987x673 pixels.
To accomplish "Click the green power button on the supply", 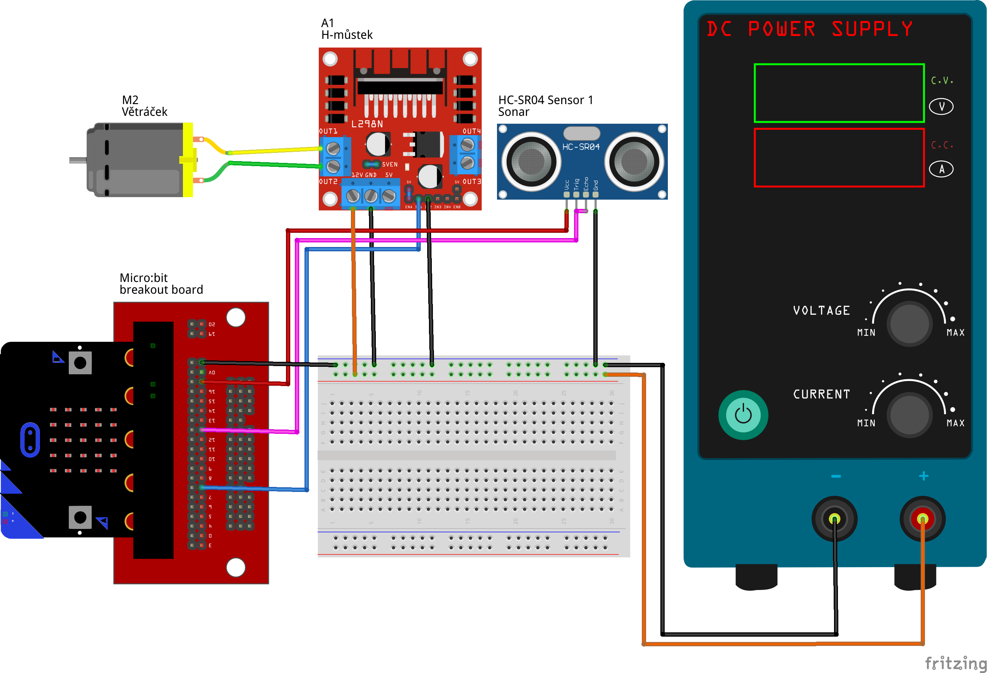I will pos(743,415).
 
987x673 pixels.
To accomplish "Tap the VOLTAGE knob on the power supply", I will pos(909,324).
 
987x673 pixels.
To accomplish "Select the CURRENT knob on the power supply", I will pos(909,415).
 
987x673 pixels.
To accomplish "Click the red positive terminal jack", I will pos(922,518).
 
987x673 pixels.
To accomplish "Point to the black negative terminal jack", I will pos(834,518).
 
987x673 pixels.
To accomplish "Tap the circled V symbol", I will pos(941,106).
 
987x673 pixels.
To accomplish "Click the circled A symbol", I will pos(941,169).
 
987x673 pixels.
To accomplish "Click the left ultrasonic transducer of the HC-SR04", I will pos(531,161).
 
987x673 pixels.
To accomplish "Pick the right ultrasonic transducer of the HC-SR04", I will pos(634,161).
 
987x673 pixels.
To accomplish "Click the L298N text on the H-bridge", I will pos(367,124).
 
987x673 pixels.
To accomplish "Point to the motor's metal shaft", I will pos(78,160).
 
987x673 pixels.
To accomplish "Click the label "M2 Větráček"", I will pos(144,106).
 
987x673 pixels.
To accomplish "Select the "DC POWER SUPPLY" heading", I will pos(809,29).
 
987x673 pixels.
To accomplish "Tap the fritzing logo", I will pos(955,662).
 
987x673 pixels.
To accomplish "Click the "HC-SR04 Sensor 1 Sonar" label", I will pos(545,106).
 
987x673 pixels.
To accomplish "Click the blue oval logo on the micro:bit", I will pos(30,440).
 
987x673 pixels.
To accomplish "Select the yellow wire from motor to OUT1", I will pos(272,150).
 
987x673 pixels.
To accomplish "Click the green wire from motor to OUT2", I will pos(272,164).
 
